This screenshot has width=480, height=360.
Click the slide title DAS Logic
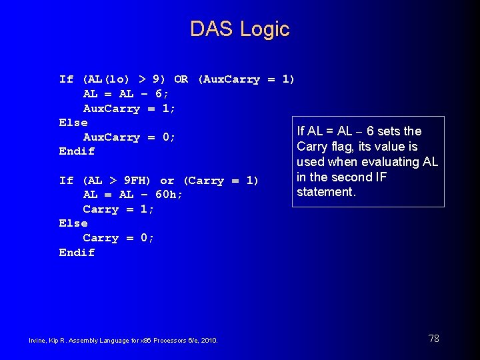(239, 29)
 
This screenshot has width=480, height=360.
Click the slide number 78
(433, 339)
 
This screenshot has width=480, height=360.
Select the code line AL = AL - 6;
(126, 94)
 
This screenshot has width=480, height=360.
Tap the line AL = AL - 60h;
(133, 195)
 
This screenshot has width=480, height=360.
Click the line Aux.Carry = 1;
(129, 109)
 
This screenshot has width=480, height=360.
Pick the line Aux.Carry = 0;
(129, 137)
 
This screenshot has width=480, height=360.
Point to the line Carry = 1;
(119, 209)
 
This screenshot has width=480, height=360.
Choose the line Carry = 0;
(119, 238)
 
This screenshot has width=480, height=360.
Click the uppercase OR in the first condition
(181, 79)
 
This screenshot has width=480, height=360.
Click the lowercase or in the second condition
(167, 181)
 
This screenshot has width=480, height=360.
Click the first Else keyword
(73, 123)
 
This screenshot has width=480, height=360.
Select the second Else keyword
(73, 223)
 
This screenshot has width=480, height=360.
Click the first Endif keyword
(77, 151)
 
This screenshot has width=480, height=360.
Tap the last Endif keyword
(77, 253)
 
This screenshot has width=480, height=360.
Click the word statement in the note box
(326, 192)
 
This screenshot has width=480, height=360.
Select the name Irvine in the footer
(37, 341)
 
